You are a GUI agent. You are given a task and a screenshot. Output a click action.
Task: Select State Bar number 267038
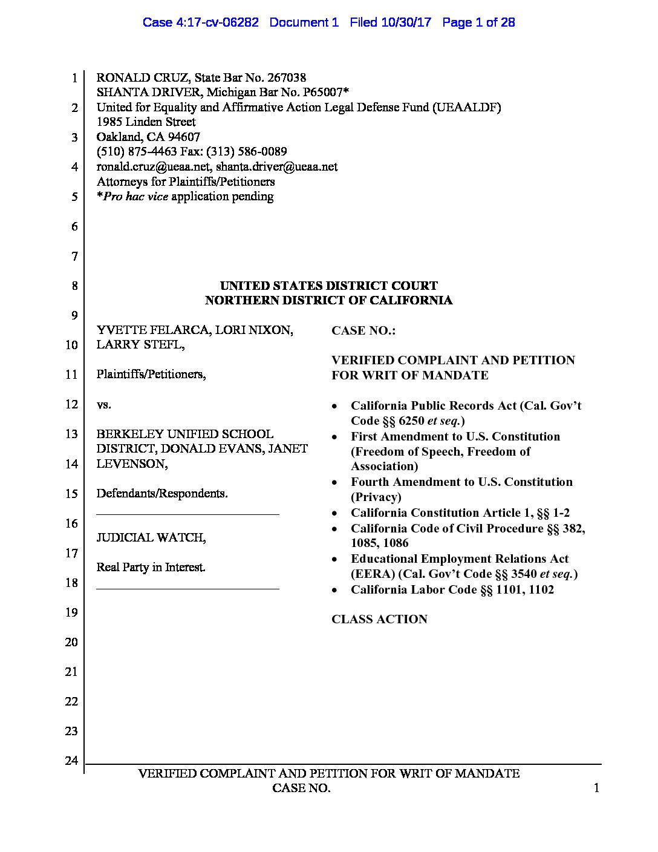[x=286, y=77]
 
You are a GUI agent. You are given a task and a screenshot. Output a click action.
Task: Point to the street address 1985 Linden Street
[x=146, y=122]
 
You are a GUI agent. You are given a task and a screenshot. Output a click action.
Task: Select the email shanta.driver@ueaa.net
[x=277, y=166]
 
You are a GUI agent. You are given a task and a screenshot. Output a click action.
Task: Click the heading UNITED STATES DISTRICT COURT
[x=328, y=286]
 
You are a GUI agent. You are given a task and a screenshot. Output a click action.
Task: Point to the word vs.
[x=103, y=404]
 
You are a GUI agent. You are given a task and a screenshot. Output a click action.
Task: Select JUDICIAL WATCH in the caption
[x=151, y=537]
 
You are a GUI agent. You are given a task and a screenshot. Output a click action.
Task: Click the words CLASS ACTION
[x=379, y=619]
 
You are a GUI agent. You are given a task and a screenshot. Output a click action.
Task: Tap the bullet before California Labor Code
[x=334, y=590]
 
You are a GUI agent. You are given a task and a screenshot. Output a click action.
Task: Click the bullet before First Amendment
[x=334, y=437]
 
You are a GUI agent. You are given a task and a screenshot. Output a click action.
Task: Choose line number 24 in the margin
[x=71, y=761]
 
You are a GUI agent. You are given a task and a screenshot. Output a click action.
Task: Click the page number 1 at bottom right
[x=596, y=788]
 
